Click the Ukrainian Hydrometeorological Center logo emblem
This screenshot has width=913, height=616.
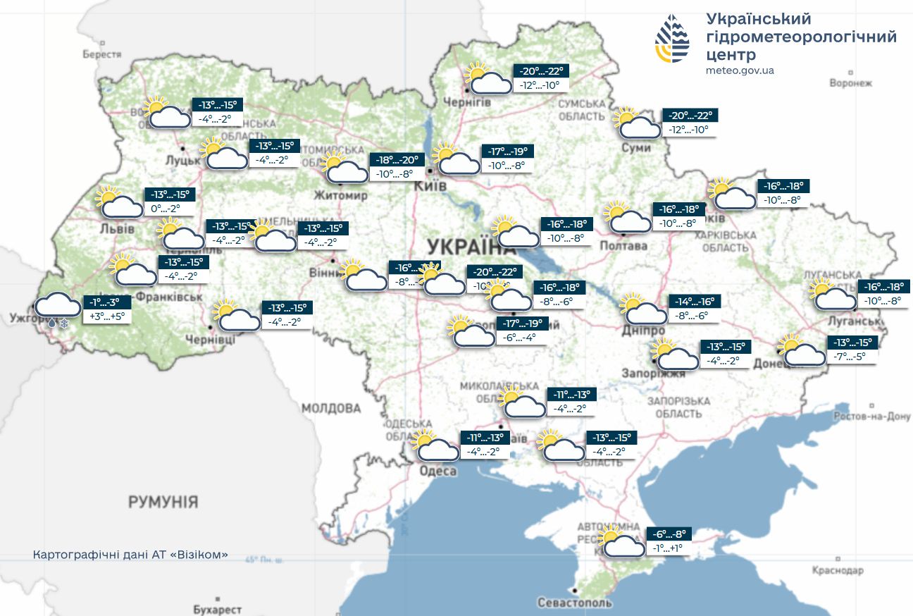(673, 39)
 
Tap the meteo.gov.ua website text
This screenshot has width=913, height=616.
(740, 70)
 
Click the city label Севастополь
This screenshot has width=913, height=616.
(575, 603)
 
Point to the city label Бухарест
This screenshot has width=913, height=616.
(217, 609)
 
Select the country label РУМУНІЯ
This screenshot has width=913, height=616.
(163, 503)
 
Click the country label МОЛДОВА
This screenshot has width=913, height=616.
(330, 408)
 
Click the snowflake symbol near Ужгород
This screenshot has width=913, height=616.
(64, 324)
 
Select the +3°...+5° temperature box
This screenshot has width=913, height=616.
(106, 316)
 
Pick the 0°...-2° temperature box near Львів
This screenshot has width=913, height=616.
(166, 209)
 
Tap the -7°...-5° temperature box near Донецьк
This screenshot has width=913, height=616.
(852, 357)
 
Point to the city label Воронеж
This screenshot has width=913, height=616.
(850, 83)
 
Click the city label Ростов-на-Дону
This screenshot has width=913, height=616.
(871, 417)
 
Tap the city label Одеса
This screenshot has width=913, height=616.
(437, 471)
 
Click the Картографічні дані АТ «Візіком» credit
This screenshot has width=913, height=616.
(130, 555)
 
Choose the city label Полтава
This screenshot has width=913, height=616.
(623, 246)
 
